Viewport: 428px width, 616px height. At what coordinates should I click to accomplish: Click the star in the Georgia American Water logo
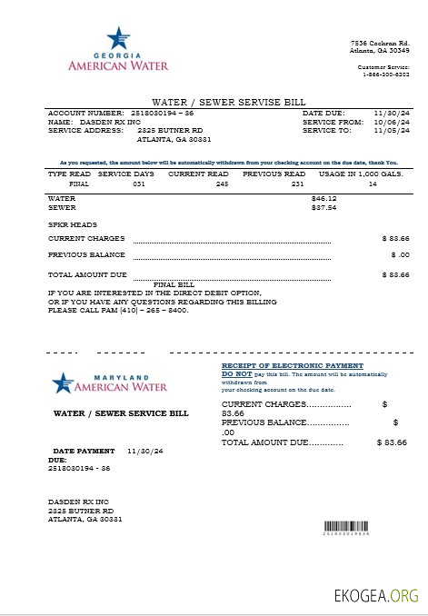click(116, 38)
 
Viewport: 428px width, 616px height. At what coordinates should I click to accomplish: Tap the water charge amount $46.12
click(323, 197)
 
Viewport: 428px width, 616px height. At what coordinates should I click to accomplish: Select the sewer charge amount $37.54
click(323, 206)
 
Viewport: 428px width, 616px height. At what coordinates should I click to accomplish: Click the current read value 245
click(222, 183)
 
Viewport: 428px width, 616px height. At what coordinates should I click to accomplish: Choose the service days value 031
click(139, 183)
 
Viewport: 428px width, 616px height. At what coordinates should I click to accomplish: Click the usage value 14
click(373, 183)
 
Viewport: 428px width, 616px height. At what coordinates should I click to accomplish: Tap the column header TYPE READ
click(67, 173)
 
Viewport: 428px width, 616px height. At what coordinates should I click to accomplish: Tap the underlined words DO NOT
click(237, 373)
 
